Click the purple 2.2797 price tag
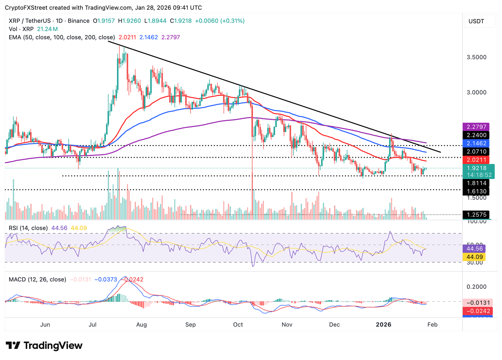(476, 127)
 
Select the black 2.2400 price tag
(476, 135)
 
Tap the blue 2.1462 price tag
(476, 143)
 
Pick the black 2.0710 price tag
(476, 152)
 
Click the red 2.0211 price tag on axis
(476, 160)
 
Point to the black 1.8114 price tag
(476, 183)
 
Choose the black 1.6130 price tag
(476, 191)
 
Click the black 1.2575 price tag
(476, 215)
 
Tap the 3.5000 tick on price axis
(476, 57)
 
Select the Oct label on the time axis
(238, 324)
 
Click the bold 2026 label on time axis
(383, 324)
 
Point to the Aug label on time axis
(142, 324)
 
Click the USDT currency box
(476, 21)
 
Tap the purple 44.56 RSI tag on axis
(474, 249)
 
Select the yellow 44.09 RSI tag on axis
(474, 257)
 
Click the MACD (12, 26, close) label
(37, 279)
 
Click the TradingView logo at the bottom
(44, 346)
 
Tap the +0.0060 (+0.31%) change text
(220, 21)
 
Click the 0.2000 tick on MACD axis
(476, 287)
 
